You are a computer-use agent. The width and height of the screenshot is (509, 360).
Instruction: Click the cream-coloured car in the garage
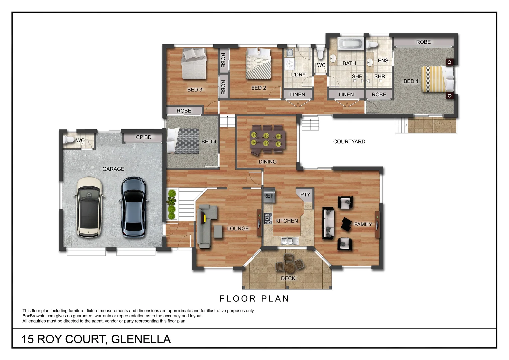click(88, 207)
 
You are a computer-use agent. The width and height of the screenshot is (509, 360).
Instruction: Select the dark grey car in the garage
click(134, 207)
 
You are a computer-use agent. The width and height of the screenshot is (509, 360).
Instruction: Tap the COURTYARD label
click(349, 142)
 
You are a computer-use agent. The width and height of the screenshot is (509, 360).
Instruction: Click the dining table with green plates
click(267, 140)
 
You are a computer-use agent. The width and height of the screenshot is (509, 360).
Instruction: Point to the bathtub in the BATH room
click(350, 44)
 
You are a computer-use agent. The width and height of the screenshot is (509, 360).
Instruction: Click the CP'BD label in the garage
click(144, 137)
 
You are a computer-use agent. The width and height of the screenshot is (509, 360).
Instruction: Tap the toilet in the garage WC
click(69, 139)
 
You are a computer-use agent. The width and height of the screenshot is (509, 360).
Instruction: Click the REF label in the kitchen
click(268, 196)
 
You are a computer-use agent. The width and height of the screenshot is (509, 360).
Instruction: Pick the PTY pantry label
click(305, 195)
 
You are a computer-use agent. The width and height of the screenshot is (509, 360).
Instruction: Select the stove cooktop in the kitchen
click(268, 218)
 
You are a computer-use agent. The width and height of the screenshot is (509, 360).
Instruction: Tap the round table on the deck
click(290, 267)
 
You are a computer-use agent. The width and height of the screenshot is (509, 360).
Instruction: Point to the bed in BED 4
click(183, 141)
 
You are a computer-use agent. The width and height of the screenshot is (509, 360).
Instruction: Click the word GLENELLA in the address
click(141, 339)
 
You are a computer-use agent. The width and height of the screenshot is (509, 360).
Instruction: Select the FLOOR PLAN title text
click(254, 299)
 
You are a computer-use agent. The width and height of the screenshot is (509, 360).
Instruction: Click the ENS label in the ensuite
click(383, 61)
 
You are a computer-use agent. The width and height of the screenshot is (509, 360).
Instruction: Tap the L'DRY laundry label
click(298, 75)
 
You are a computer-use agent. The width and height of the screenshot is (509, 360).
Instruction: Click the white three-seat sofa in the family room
click(329, 223)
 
